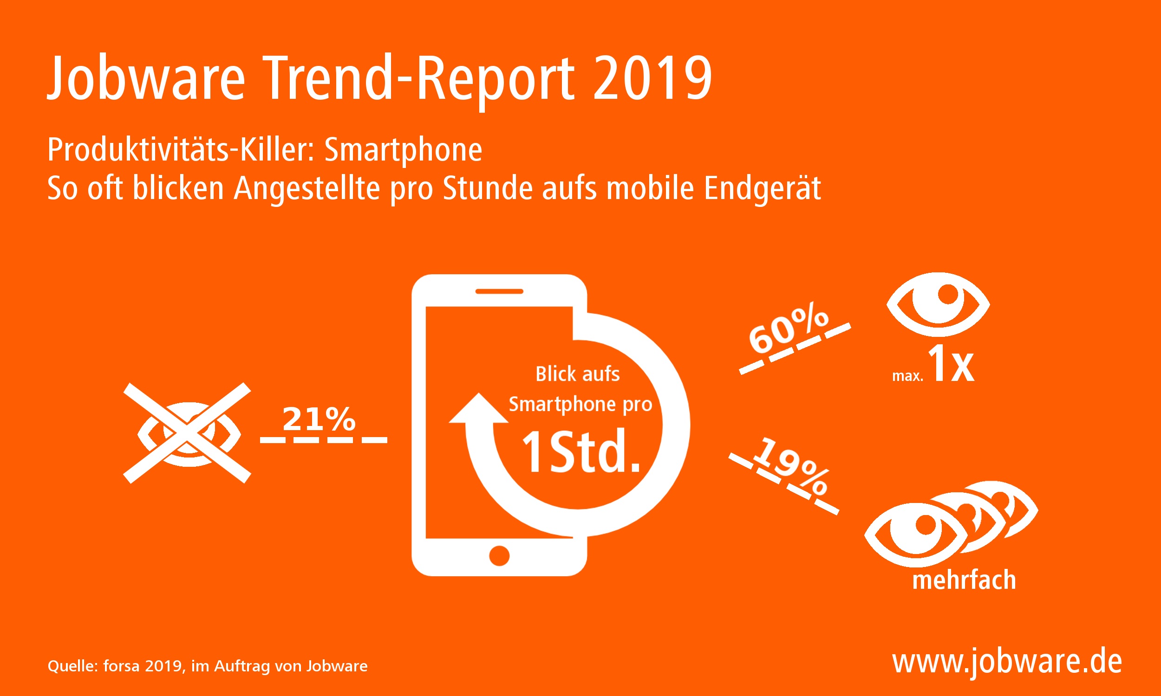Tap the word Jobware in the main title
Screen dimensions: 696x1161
click(146, 78)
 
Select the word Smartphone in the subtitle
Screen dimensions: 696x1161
click(403, 150)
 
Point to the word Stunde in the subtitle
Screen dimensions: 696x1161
click(489, 188)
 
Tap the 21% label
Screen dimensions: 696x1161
click(319, 419)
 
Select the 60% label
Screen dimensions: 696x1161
click(788, 330)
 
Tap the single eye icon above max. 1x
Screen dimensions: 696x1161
click(938, 304)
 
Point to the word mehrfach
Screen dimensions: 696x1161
click(964, 580)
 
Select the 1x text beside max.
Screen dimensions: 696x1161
click(951, 364)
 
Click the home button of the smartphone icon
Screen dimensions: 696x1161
click(499, 556)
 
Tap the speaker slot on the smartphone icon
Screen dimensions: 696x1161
click(499, 291)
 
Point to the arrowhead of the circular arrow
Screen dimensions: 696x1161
click(478, 409)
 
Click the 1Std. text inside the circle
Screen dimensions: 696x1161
click(580, 452)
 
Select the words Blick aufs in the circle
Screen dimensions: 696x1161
click(577, 374)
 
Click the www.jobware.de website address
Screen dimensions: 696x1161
click(1007, 662)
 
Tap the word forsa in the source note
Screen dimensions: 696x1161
click(122, 666)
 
